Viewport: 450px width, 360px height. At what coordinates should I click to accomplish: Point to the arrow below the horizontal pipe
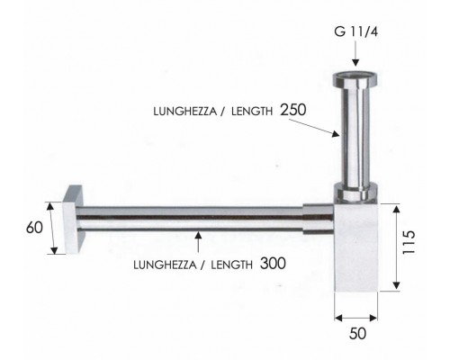197,243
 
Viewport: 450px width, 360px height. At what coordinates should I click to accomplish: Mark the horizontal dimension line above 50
357,318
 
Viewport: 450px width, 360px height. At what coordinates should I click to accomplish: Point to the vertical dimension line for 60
50,227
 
